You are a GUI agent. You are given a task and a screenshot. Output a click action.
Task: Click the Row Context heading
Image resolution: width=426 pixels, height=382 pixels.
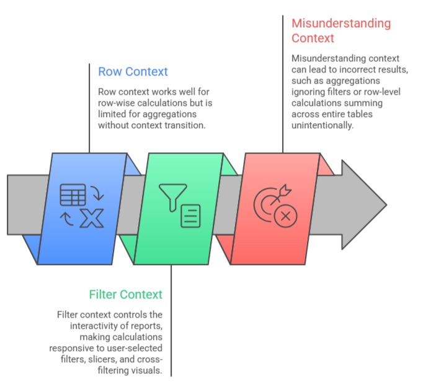(x=133, y=72)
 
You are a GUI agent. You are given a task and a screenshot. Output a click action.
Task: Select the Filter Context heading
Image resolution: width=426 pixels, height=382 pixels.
(x=126, y=294)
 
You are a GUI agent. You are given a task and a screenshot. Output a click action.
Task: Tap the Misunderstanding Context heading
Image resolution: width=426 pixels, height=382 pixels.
(x=341, y=31)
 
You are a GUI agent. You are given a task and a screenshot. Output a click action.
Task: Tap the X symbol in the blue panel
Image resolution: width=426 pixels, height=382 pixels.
(x=91, y=218)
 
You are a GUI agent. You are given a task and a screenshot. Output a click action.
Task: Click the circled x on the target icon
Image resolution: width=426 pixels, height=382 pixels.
(x=285, y=216)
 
